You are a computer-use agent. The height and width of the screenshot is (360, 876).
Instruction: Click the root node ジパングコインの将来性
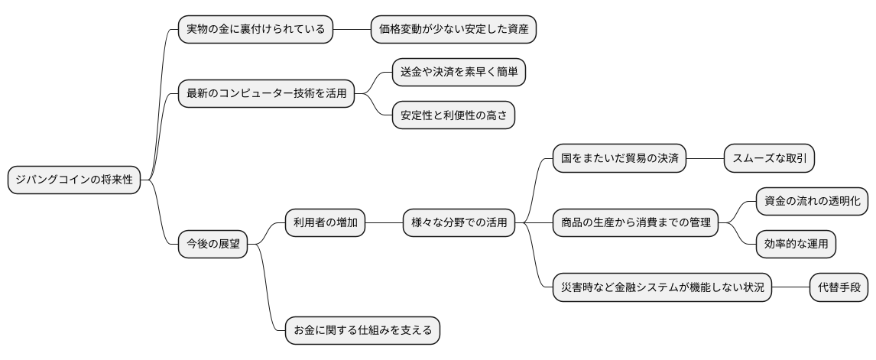coord(74,180)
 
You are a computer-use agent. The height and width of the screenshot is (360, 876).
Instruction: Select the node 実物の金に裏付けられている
coord(255,30)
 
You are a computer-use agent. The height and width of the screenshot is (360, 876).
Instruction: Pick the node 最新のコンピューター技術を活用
coord(266,94)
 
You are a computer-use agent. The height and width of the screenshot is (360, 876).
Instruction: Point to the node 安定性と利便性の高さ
coord(453,115)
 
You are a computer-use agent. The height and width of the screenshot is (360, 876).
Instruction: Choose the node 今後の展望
coord(213,245)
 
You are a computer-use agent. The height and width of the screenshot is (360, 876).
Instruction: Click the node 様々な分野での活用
coord(459,223)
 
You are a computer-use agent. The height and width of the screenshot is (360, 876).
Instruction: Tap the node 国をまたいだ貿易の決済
coord(619,159)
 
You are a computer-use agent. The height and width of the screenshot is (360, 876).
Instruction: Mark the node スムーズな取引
coord(768,159)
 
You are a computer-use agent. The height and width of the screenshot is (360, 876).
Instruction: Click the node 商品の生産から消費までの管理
coord(635,223)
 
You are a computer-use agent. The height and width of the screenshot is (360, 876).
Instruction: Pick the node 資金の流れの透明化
coord(812,202)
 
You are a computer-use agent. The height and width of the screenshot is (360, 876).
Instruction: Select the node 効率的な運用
coord(795,245)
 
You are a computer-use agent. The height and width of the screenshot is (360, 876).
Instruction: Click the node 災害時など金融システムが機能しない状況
coord(662,287)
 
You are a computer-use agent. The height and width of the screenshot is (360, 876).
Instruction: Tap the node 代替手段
coord(839,287)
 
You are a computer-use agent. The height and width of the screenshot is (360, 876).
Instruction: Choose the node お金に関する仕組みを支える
coord(363,330)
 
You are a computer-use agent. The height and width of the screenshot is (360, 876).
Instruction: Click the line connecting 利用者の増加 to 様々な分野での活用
coord(384,223)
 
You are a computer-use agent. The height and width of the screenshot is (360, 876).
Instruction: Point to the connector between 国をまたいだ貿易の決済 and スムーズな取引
coord(705,159)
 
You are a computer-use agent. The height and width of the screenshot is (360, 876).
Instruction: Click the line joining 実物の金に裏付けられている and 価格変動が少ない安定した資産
coord(352,30)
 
